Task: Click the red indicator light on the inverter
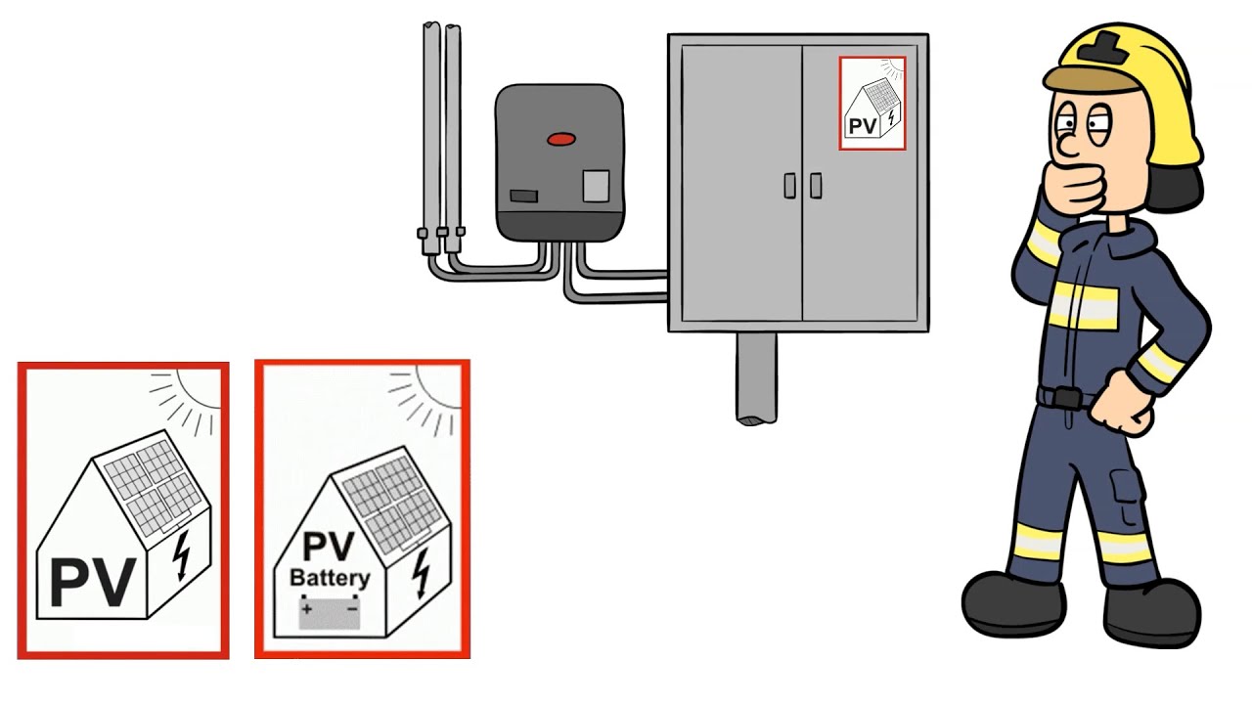[561, 139]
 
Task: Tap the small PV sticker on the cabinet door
[872, 103]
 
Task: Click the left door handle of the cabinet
[789, 186]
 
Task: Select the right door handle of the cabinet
[816, 186]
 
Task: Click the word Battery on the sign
[330, 578]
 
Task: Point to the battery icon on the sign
[330, 613]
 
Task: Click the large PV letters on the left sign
[93, 582]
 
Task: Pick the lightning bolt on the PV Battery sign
[421, 572]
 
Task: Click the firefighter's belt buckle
[1067, 398]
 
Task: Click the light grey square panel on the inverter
[596, 186]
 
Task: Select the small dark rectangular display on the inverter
[523, 197]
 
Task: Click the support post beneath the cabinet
[756, 378]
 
